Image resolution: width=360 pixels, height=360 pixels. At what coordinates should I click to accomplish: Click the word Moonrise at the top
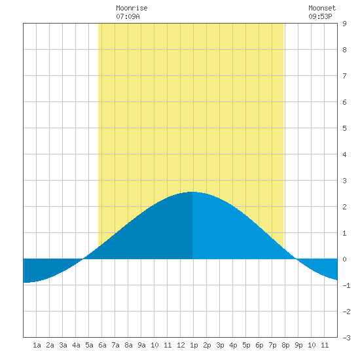132,8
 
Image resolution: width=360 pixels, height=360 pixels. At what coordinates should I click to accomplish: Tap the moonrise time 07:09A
128,16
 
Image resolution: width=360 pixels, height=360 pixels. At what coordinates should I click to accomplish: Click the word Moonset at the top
322,8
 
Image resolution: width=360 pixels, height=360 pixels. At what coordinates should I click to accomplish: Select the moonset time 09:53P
320,16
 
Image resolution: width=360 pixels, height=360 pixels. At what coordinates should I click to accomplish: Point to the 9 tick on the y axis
344,24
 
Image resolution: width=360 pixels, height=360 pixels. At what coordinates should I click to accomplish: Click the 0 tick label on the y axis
344,259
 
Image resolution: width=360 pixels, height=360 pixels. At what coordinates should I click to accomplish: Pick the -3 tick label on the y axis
346,338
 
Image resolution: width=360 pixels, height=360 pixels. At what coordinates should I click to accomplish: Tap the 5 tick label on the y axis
344,128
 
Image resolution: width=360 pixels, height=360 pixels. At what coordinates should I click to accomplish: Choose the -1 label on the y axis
346,285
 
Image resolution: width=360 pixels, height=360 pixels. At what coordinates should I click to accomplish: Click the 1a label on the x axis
37,345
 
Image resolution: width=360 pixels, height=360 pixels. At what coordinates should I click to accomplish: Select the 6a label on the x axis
102,345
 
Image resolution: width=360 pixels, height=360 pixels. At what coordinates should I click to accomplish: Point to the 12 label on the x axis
181,345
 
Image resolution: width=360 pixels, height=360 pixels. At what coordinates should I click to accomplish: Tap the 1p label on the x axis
194,346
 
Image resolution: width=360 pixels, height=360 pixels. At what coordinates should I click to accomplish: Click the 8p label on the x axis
285,346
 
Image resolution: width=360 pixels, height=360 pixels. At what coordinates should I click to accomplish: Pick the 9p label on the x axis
298,346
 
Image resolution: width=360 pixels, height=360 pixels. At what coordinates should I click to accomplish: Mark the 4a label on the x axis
76,345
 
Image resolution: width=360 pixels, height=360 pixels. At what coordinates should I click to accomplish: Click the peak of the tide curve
192,192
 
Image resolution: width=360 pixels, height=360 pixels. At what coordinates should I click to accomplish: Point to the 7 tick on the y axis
344,76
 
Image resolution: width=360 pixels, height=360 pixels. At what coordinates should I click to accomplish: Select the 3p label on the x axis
220,346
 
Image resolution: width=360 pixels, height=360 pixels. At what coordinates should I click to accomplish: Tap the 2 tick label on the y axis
344,207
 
